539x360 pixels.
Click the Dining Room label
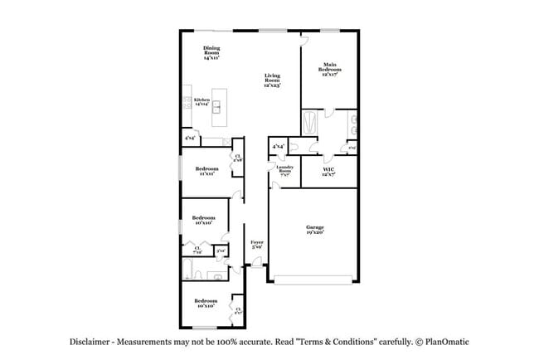tap(211, 53)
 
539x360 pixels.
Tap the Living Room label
tap(272, 80)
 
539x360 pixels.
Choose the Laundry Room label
tap(284, 172)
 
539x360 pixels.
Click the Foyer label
tap(257, 245)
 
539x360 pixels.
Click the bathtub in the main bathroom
tap(310, 124)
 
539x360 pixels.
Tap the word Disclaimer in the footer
tap(90, 342)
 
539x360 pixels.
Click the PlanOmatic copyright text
tap(444, 342)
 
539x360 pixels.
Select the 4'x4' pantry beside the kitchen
tap(190, 139)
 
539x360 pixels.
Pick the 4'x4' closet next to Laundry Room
tap(279, 147)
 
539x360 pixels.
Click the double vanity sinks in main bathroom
tap(352, 126)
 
